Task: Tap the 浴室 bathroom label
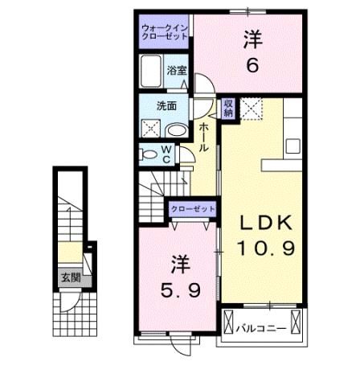click(176, 70)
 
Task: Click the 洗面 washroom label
click(166, 105)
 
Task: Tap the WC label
click(166, 153)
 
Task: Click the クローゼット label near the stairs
click(193, 209)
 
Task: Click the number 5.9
click(178, 287)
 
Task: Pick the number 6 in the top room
click(252, 66)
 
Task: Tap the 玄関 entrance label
click(70, 278)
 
